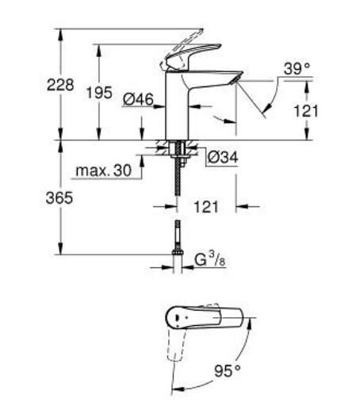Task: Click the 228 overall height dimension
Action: (x=60, y=85)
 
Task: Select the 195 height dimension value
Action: (x=99, y=92)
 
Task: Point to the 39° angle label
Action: (x=297, y=70)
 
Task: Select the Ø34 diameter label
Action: (x=223, y=157)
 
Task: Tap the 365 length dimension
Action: (x=60, y=198)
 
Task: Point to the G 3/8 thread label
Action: (x=210, y=258)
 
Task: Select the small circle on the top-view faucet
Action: (x=173, y=319)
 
